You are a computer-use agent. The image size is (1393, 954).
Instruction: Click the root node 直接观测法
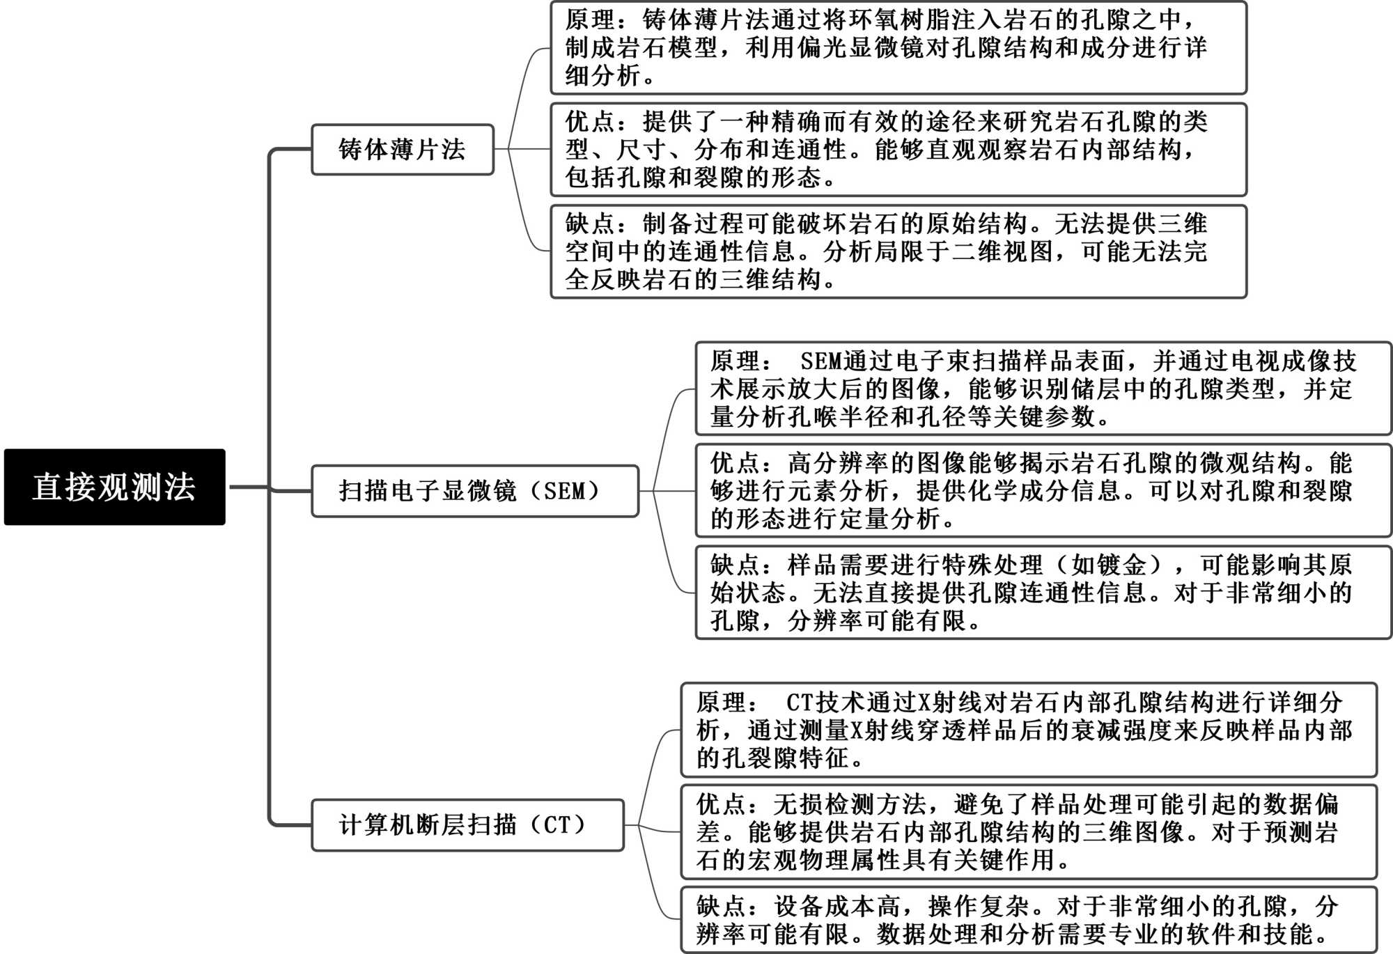coord(114,487)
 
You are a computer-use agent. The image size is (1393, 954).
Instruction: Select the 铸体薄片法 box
coord(402,150)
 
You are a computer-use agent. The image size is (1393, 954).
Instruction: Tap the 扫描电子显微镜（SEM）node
coord(474,491)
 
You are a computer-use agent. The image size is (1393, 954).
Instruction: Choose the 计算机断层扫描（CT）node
coord(467,825)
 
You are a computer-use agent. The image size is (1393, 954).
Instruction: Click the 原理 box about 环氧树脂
coord(898,48)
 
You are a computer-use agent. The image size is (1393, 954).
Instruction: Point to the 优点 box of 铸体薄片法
coord(898,150)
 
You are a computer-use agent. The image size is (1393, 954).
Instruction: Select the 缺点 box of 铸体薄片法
coord(898,251)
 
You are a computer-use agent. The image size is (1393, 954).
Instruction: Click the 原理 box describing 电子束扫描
coord(1043,389)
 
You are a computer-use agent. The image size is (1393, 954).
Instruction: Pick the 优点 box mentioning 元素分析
coord(1043,491)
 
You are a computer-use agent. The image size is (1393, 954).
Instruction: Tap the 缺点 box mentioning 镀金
coord(1043,593)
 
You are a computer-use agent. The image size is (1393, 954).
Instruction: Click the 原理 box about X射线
coord(1028,730)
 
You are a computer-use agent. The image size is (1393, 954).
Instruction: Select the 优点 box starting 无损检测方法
coord(1028,832)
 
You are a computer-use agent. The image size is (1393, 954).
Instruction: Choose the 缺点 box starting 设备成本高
coord(1028,920)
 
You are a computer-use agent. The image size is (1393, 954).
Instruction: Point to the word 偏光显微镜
coord(861,48)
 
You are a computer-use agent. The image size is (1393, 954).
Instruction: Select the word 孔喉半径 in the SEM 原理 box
coord(826,417)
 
